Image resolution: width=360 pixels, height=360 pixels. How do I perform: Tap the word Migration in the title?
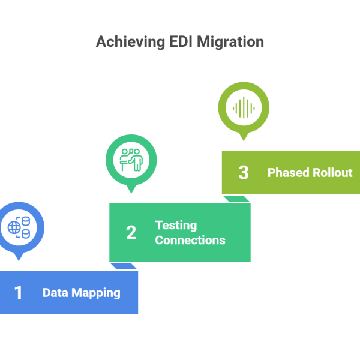pyautogui.click(x=230, y=43)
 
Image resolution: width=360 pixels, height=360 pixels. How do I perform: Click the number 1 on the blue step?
pyautogui.click(x=19, y=293)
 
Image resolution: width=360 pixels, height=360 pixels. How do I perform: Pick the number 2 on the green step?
pyautogui.click(x=131, y=233)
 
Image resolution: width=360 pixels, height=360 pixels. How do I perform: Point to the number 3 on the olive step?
pyautogui.click(x=243, y=173)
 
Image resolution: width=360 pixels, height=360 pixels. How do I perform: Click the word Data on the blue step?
pyautogui.click(x=55, y=293)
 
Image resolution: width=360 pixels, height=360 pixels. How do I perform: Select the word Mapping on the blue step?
pyautogui.click(x=96, y=293)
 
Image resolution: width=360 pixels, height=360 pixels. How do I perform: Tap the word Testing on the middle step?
pyautogui.click(x=176, y=226)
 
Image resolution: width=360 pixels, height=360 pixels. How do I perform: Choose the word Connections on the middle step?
pyautogui.click(x=190, y=240)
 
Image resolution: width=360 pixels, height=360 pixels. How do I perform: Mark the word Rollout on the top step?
pyautogui.click(x=332, y=173)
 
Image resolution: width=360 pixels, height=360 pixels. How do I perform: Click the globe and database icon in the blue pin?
pyautogui.click(x=19, y=227)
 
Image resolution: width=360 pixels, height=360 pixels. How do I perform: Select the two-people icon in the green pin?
pyautogui.click(x=131, y=160)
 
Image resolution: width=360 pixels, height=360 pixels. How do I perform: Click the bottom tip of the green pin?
pyautogui.click(x=131, y=194)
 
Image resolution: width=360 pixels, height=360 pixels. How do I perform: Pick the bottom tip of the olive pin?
pyautogui.click(x=243, y=142)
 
